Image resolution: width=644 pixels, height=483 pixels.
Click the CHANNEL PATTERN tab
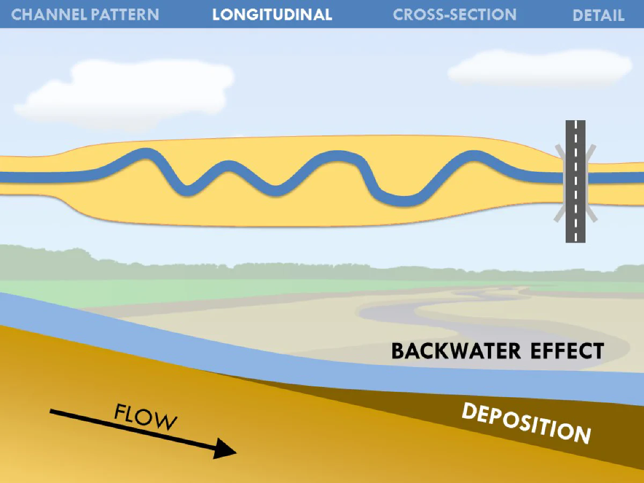pyautogui.click(x=85, y=14)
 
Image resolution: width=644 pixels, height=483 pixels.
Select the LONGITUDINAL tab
pyautogui.click(x=272, y=14)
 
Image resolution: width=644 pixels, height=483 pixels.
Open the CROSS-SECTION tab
pyautogui.click(x=455, y=14)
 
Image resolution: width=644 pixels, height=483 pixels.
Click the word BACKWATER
pyautogui.click(x=456, y=351)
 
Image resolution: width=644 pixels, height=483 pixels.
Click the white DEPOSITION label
pyautogui.click(x=526, y=422)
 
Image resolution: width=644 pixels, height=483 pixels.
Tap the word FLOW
pyautogui.click(x=145, y=417)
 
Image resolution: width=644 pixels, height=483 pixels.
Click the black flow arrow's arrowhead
pyautogui.click(x=225, y=448)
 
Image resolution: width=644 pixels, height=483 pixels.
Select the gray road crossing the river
pyautogui.click(x=575, y=181)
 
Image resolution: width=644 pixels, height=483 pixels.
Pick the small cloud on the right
pyautogui.click(x=539, y=68)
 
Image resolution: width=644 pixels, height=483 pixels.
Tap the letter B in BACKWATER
pyautogui.click(x=397, y=351)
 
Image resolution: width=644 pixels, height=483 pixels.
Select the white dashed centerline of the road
pyautogui.click(x=576, y=181)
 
